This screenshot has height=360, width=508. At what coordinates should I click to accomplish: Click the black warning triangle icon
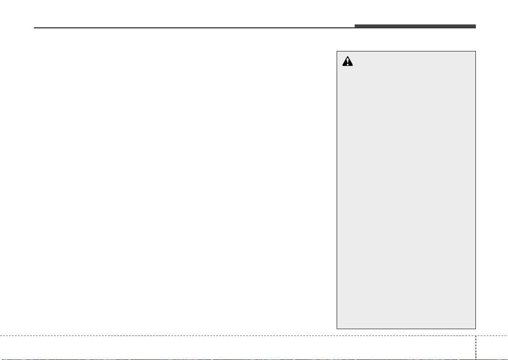pyautogui.click(x=348, y=62)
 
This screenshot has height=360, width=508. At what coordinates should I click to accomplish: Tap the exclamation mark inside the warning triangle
pyautogui.click(x=348, y=63)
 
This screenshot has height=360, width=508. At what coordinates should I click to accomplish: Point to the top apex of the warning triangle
pyautogui.click(x=348, y=58)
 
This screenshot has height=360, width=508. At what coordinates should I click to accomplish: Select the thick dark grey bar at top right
pyautogui.click(x=415, y=27)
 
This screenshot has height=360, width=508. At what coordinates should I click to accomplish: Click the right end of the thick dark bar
pyautogui.click(x=475, y=27)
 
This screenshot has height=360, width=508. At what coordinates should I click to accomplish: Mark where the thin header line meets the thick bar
pyautogui.click(x=355, y=28)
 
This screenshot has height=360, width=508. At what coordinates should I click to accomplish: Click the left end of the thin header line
pyautogui.click(x=34, y=28)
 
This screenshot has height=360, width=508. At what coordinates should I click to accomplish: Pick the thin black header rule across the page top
pyautogui.click(x=193, y=28)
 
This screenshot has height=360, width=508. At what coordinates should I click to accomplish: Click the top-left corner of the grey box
pyautogui.click(x=337, y=51)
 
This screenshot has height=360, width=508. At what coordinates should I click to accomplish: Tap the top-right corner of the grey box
pyautogui.click(x=476, y=51)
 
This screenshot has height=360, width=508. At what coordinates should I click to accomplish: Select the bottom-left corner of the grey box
pyautogui.click(x=337, y=328)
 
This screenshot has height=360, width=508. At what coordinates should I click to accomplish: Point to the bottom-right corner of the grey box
pyautogui.click(x=476, y=328)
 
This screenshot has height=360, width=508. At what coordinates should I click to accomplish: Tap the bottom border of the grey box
pyautogui.click(x=406, y=328)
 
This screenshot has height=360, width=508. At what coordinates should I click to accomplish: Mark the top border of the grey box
pyautogui.click(x=406, y=51)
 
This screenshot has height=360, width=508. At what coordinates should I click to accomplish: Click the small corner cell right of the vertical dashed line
pyautogui.click(x=492, y=348)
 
